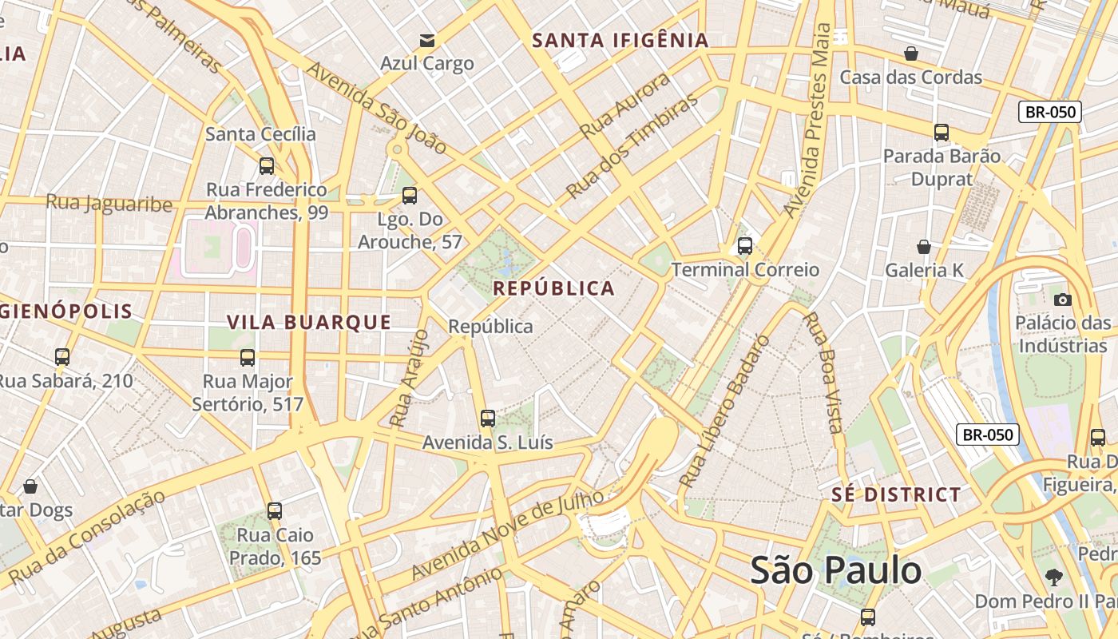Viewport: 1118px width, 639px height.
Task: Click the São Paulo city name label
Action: point(835,570)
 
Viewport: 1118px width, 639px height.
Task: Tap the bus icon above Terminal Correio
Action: point(745,246)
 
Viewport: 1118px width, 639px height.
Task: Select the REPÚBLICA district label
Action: point(554,288)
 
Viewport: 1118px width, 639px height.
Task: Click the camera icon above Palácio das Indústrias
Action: point(1062,300)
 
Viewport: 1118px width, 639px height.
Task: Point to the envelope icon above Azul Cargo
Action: point(427,40)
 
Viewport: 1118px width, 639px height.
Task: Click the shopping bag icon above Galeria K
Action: point(924,247)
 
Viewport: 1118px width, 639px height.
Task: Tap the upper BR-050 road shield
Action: point(1050,112)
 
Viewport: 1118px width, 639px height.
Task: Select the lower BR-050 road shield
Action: point(988,435)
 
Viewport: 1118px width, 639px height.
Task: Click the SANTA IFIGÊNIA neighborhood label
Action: point(620,40)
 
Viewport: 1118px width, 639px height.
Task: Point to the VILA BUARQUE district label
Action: point(309,322)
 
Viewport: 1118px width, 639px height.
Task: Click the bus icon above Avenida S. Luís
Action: point(487,418)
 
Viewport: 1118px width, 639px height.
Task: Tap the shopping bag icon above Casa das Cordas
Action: point(910,54)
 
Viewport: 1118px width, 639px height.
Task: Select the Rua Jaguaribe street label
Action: point(109,203)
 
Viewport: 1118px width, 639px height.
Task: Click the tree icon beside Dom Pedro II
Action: point(1054,577)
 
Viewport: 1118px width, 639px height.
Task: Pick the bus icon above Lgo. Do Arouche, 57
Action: point(410,195)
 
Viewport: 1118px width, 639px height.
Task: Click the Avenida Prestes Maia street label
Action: point(808,120)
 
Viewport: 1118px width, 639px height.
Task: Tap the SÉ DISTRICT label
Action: point(896,494)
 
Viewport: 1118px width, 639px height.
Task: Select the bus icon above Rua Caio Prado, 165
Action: point(275,510)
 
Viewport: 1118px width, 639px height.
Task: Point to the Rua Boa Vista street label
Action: point(823,372)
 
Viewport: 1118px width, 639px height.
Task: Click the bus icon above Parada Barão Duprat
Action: point(942,133)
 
